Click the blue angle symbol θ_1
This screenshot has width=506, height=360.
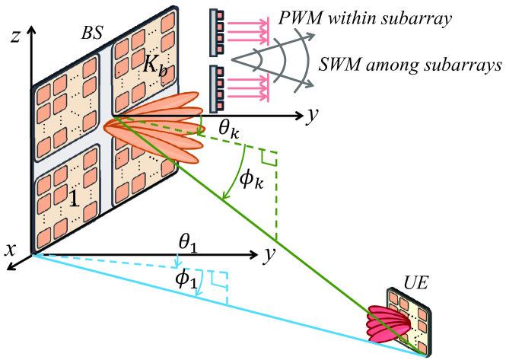click(187, 245)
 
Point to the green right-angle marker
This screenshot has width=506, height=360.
click(267, 158)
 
